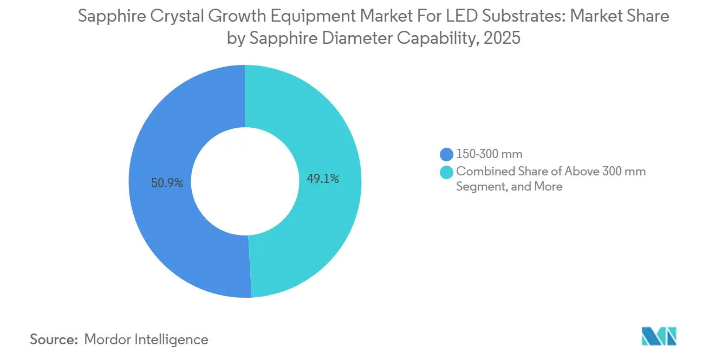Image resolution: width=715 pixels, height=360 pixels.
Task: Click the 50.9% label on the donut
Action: (x=167, y=184)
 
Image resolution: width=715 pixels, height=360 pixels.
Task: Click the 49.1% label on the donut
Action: (x=323, y=179)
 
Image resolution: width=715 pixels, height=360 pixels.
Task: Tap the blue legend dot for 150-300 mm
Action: (x=447, y=154)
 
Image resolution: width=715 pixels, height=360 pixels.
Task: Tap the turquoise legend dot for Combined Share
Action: (x=447, y=172)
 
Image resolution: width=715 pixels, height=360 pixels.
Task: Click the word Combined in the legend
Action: (x=481, y=172)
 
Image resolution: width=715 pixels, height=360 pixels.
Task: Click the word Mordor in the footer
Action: (x=108, y=339)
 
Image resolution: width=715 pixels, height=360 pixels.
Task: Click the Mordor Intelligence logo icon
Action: (x=659, y=336)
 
